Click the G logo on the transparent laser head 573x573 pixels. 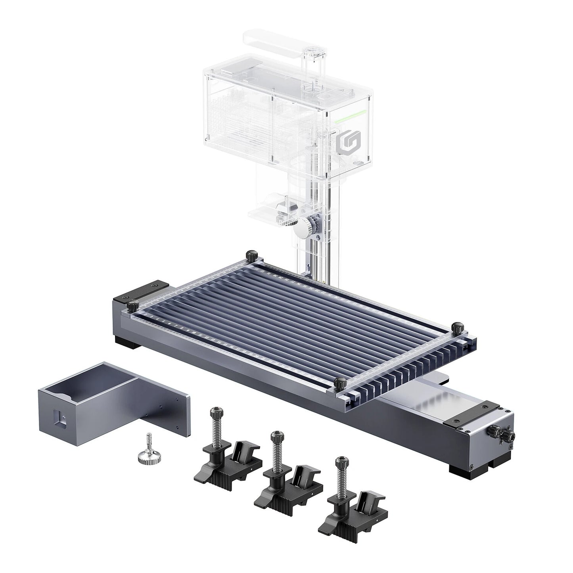(344, 144)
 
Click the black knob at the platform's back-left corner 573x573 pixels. (251, 254)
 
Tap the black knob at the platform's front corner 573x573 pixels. (340, 383)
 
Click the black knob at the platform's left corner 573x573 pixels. (133, 306)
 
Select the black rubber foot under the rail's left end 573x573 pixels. (127, 342)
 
